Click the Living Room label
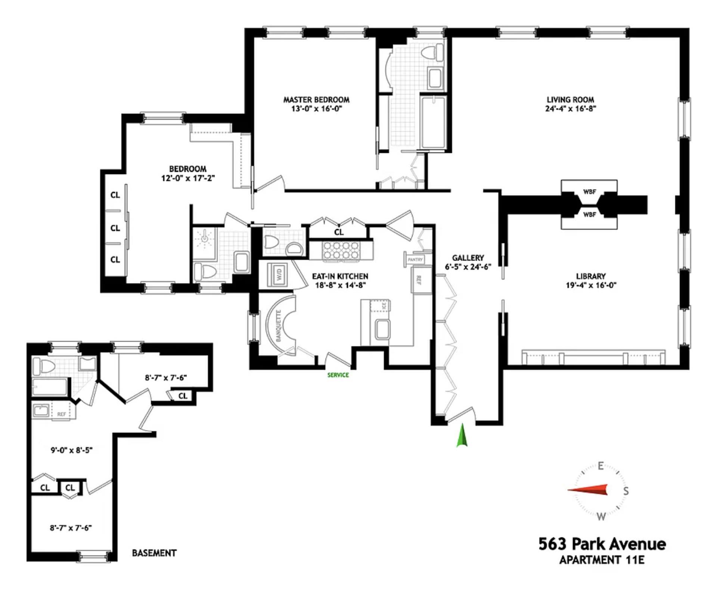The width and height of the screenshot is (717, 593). pos(570,100)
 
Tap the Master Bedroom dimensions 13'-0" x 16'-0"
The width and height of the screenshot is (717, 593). pos(316,109)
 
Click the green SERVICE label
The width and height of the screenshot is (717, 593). pos(338,375)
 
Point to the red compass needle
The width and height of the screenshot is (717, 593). pos(588,490)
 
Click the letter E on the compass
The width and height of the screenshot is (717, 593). pos(600,466)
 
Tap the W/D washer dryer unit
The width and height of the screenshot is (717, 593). pos(279,275)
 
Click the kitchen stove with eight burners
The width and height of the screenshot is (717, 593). pos(341,250)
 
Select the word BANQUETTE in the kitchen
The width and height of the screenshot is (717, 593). pos(278,325)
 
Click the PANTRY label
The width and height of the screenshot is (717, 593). pos(415,259)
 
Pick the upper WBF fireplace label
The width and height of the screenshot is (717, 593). pos(589,192)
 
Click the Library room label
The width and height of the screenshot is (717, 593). pos(590,276)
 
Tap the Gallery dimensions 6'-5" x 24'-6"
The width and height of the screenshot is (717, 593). pos(468,267)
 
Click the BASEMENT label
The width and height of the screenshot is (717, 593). pos(154,553)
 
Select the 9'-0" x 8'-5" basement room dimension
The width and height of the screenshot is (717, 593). pos(71,450)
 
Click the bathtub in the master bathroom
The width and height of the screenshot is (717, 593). pos(433,122)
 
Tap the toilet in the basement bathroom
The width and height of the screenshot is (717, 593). pos(42,366)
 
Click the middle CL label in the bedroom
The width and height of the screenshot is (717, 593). pos(115,228)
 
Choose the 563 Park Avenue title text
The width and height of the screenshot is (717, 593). pos(602,544)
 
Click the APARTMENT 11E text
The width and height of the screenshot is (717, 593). pos(602,560)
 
